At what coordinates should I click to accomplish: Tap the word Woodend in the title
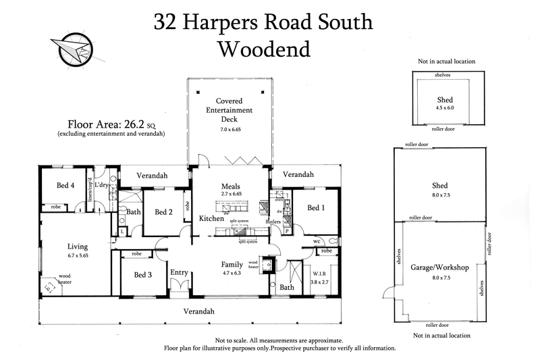coord(263,49)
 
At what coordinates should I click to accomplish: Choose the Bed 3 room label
coord(143,275)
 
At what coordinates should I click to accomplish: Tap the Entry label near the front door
coord(180,272)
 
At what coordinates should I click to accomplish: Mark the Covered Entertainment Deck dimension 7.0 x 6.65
coord(230,129)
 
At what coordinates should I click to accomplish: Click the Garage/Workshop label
coord(439,267)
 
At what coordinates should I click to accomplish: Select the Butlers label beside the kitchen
coord(273,222)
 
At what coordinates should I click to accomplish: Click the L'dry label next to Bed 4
coord(102,185)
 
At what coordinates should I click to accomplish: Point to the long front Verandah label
coord(199,311)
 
